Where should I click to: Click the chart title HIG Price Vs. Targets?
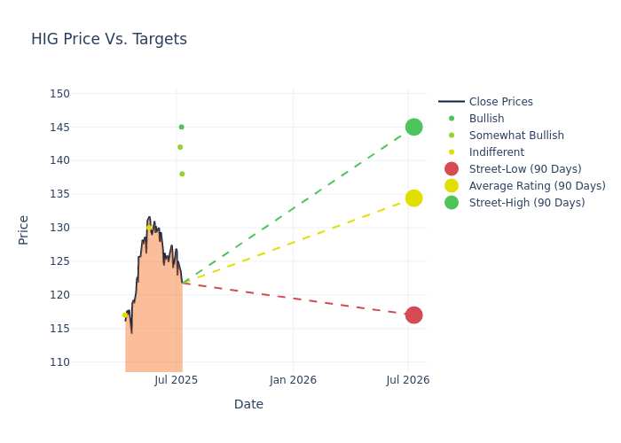coord(109,39)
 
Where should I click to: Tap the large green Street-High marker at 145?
coord(414,127)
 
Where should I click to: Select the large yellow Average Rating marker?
coord(414,198)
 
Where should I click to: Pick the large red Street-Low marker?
coord(414,315)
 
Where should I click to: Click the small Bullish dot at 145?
coord(181,127)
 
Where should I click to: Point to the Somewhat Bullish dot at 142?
coord(180,147)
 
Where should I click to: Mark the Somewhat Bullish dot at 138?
coord(182,174)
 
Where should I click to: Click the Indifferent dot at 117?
coord(125,315)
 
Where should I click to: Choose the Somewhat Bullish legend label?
coord(516,136)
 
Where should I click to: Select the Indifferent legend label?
coord(497,152)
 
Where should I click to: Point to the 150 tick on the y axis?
coord(59,94)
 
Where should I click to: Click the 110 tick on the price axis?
coord(59,361)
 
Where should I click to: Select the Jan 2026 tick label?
coord(293,380)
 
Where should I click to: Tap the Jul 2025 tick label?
coord(177,380)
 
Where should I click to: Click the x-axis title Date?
coord(248,404)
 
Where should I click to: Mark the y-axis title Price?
coord(23,230)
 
